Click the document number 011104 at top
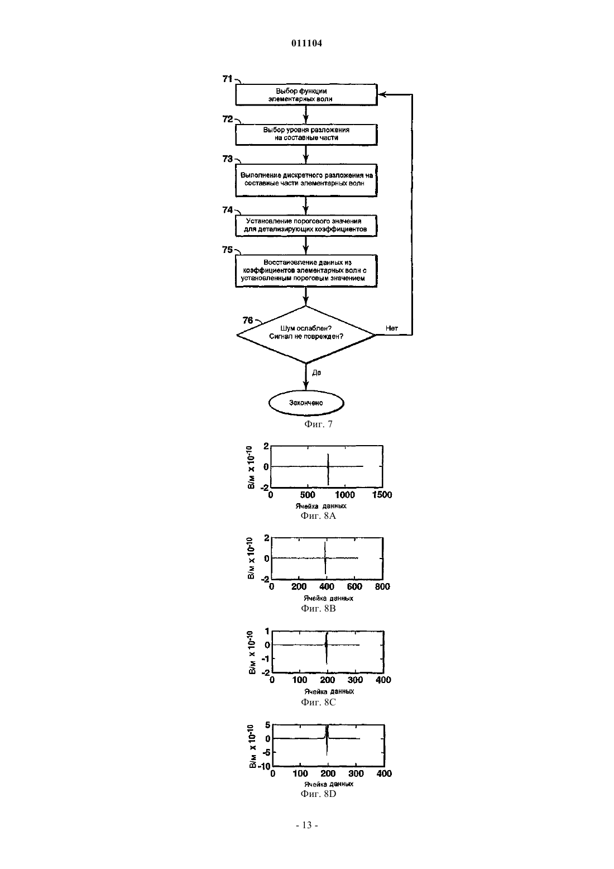pyautogui.click(x=306, y=43)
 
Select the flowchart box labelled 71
pyautogui.click(x=306, y=94)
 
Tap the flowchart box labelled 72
pyautogui.click(x=306, y=135)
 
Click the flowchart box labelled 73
pyautogui.click(x=306, y=180)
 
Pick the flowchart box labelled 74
pyautogui.click(x=306, y=226)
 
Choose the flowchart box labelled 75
pyautogui.click(x=306, y=271)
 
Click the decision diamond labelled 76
pyautogui.click(x=306, y=335)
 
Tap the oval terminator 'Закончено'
pyautogui.click(x=306, y=403)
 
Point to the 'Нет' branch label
pyautogui.click(x=392, y=328)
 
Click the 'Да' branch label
pyautogui.click(x=316, y=373)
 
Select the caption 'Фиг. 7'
pyautogui.click(x=318, y=424)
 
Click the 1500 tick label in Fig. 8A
pyautogui.click(x=382, y=495)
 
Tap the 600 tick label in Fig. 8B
pyautogui.click(x=354, y=586)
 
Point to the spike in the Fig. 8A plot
pyautogui.click(x=328, y=470)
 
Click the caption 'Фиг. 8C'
pyautogui.click(x=318, y=702)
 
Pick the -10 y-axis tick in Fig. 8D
pyautogui.click(x=265, y=767)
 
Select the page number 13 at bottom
pyautogui.click(x=307, y=825)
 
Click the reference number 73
pyautogui.click(x=228, y=159)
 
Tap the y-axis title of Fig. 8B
pyautogui.click(x=251, y=558)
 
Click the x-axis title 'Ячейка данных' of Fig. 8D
pyautogui.click(x=329, y=784)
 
